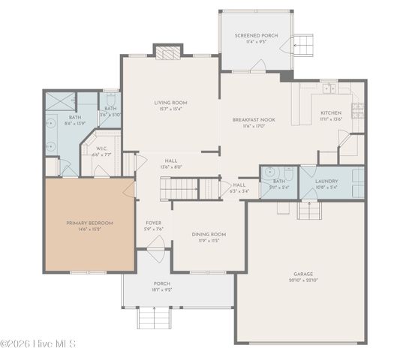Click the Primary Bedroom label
[89, 223]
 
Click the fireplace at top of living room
[168, 52]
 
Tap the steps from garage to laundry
[308, 211]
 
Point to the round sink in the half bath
[267, 172]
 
